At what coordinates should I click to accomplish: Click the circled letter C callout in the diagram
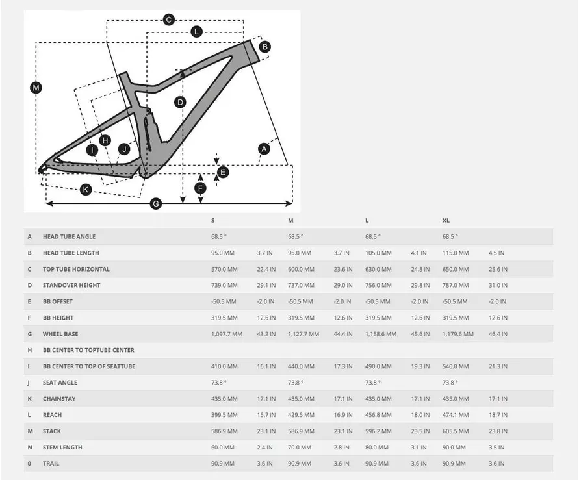tap(168, 19)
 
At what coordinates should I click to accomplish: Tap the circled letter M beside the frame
tap(36, 88)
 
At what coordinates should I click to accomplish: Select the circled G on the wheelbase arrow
tap(155, 204)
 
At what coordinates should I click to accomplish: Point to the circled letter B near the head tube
tap(264, 46)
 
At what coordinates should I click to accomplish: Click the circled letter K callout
tap(85, 190)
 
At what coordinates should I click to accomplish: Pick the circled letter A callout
tap(263, 149)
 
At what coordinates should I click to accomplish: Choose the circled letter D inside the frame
tap(180, 102)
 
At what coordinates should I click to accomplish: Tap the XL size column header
tap(446, 221)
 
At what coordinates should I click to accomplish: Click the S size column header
tap(212, 221)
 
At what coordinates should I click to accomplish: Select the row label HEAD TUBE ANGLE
tap(69, 237)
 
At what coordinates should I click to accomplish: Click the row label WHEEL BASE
tap(61, 334)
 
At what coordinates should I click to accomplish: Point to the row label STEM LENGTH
tap(62, 448)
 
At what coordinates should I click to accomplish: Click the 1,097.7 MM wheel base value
tap(227, 334)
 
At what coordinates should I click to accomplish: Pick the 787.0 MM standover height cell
tap(456, 285)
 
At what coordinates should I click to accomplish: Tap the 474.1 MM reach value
tap(456, 415)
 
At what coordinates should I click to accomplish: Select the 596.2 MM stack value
tap(378, 431)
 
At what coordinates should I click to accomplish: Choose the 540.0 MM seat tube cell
tap(456, 366)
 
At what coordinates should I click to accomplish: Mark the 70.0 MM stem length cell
tap(300, 448)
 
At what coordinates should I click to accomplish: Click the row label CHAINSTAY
tap(59, 399)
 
